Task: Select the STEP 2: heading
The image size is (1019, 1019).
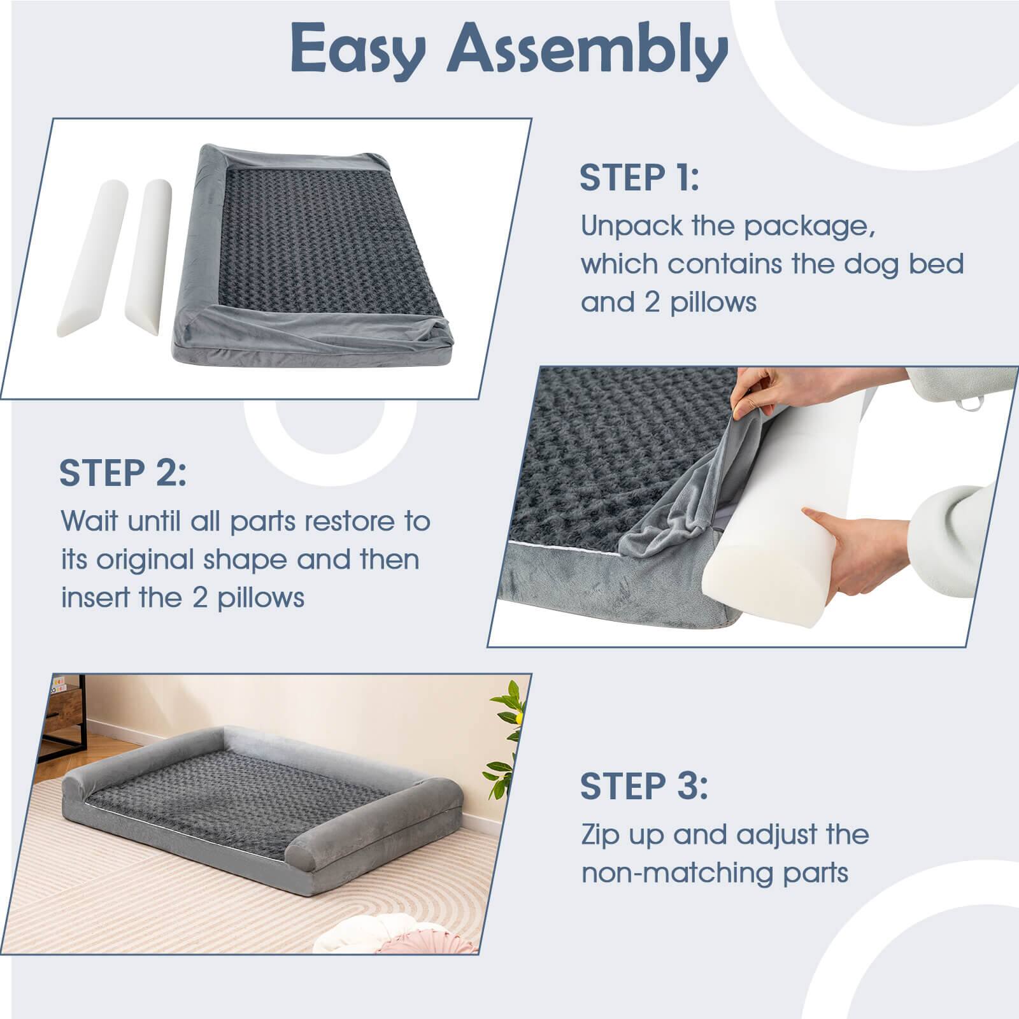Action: [122, 473]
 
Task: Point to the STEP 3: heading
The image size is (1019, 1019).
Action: [643, 787]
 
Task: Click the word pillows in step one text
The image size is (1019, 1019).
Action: [713, 303]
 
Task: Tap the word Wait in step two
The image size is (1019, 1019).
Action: [89, 522]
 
